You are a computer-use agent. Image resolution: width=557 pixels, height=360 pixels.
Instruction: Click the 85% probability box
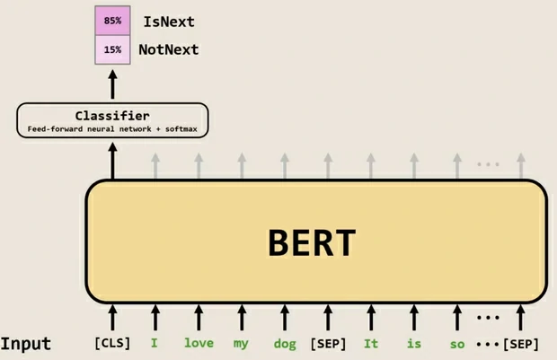point(112,20)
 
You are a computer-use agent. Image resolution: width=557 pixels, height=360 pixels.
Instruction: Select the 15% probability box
point(112,49)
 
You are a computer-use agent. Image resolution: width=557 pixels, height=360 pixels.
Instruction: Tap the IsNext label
point(169,20)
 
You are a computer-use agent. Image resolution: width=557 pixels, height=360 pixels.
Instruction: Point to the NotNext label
point(168,49)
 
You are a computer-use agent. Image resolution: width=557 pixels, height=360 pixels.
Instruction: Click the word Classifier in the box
point(112,116)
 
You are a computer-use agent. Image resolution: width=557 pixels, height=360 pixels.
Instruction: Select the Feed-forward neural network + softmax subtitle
point(112,130)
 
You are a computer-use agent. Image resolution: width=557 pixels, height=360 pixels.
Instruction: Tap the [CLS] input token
point(112,343)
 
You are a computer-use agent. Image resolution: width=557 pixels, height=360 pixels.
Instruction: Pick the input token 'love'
point(199,343)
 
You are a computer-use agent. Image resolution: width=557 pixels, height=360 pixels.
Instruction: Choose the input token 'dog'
point(285,343)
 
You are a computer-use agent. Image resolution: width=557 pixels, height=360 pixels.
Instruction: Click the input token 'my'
point(241,343)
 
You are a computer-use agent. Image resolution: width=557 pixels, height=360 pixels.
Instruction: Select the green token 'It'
point(371,343)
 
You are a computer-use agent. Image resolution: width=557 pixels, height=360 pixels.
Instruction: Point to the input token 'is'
point(413,343)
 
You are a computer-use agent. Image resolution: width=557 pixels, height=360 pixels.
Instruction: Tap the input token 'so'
point(457,343)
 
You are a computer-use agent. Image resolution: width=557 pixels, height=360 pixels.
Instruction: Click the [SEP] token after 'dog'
point(328,343)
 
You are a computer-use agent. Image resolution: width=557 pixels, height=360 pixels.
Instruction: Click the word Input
point(26,344)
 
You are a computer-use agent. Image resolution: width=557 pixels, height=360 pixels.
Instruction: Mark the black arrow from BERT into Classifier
point(112,163)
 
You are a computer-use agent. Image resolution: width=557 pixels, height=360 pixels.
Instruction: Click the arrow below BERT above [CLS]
point(112,316)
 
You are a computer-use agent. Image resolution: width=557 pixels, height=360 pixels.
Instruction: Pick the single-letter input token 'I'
point(155,343)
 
